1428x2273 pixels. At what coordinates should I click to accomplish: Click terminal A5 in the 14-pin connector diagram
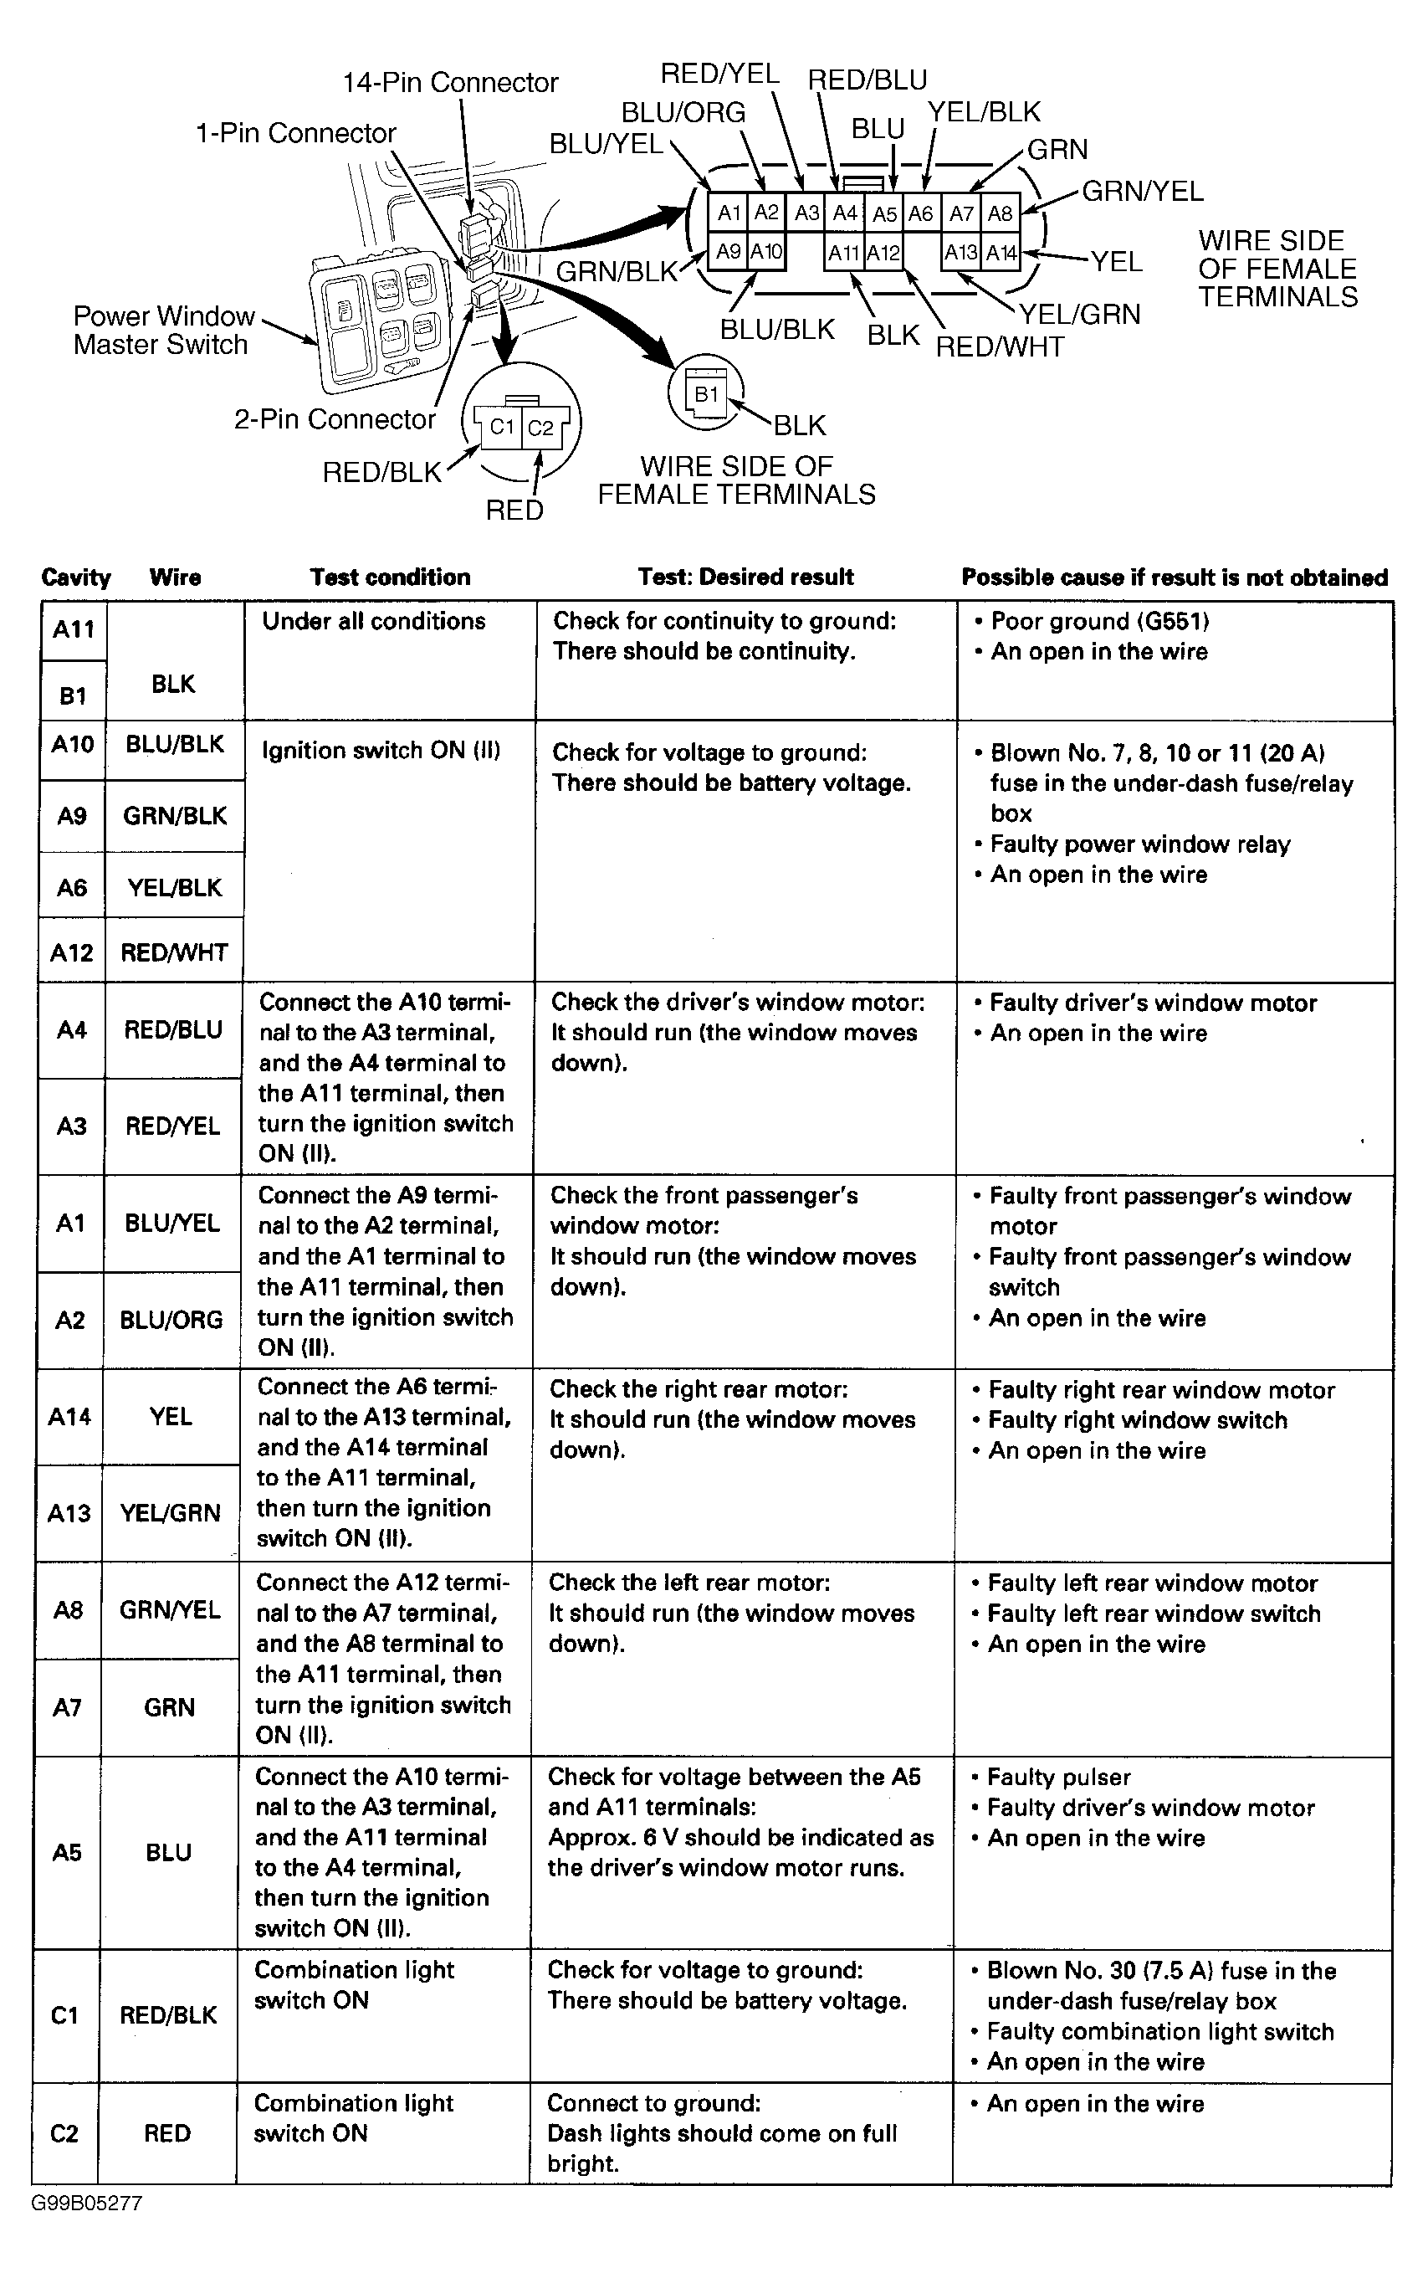click(x=883, y=214)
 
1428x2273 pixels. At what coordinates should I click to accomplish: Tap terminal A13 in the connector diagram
click(x=961, y=253)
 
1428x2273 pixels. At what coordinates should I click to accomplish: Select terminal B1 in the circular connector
click(x=706, y=394)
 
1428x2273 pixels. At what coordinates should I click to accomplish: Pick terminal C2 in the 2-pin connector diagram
click(x=540, y=428)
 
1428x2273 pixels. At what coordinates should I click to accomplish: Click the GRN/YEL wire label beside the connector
click(x=1142, y=192)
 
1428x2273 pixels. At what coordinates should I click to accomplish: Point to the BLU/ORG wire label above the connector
click(x=683, y=113)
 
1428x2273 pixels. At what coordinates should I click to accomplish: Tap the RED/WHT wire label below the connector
click(x=1000, y=347)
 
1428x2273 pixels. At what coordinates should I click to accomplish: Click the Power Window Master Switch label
click(x=163, y=331)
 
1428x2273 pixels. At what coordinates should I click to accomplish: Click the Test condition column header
click(x=390, y=577)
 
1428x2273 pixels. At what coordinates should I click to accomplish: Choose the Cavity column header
click(x=75, y=577)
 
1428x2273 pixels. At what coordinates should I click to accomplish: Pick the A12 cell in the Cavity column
click(x=72, y=952)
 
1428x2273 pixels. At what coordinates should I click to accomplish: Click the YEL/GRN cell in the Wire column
click(x=170, y=1513)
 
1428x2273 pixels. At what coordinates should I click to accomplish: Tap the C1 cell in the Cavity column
click(x=64, y=2016)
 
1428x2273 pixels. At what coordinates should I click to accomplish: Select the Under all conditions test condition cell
click(x=374, y=621)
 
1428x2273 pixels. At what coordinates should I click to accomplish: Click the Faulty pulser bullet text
click(x=1058, y=1778)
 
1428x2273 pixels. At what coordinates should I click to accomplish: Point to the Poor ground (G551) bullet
click(x=1099, y=621)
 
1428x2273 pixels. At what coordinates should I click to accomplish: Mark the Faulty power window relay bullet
click(x=1139, y=844)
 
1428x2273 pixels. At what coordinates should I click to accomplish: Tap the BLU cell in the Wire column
click(x=168, y=1853)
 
